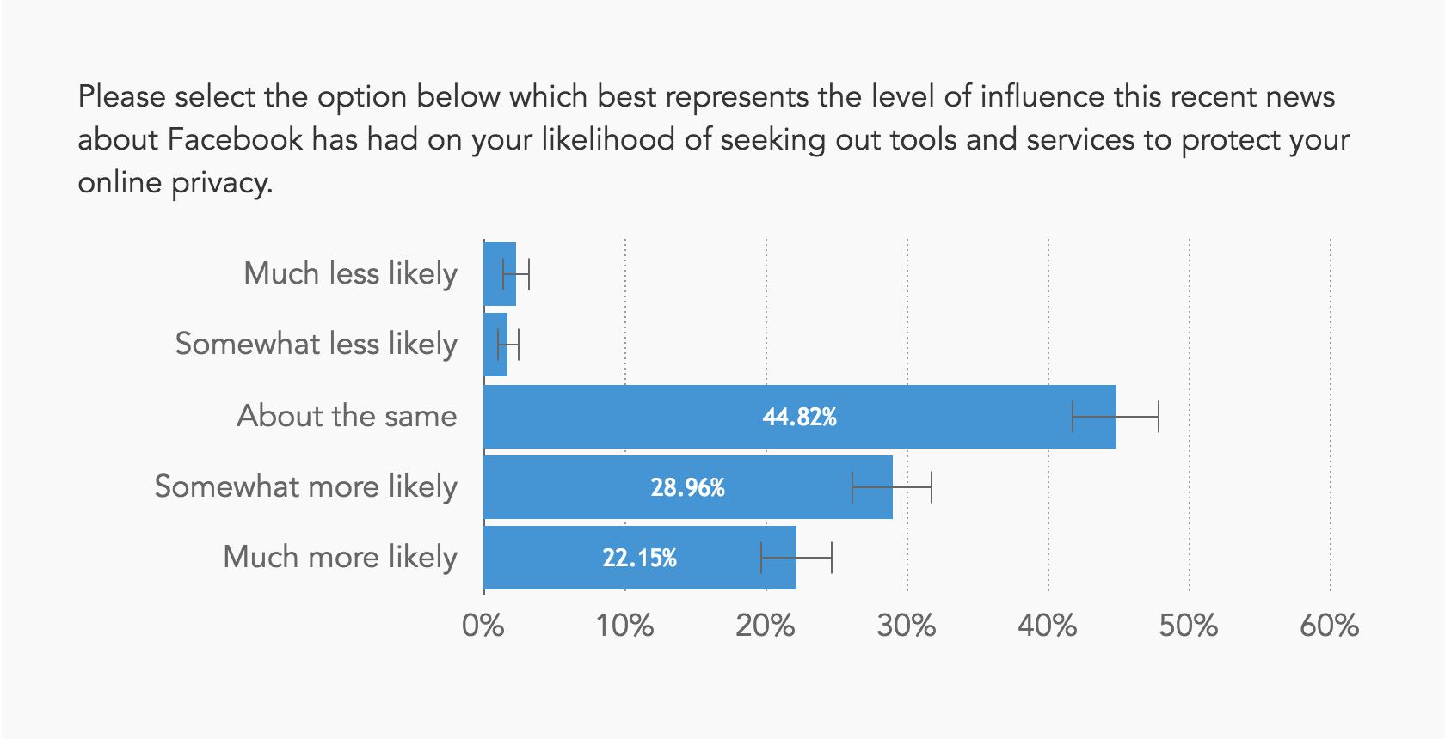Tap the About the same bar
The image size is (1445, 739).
(x=654, y=417)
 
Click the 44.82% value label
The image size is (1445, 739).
(x=799, y=417)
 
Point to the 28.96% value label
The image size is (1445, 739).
(x=687, y=487)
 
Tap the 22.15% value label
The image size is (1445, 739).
(x=639, y=558)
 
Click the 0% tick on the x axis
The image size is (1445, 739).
(x=483, y=626)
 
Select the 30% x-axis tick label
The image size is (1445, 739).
(x=906, y=626)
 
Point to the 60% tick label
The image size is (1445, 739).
(x=1329, y=626)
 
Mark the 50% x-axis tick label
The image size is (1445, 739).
(x=1188, y=626)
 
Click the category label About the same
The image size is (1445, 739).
(x=347, y=416)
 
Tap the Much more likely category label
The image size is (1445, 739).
(x=340, y=557)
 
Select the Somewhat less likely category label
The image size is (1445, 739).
(x=316, y=344)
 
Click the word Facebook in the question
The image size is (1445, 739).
(x=235, y=139)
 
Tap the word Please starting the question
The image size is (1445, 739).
(x=121, y=96)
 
